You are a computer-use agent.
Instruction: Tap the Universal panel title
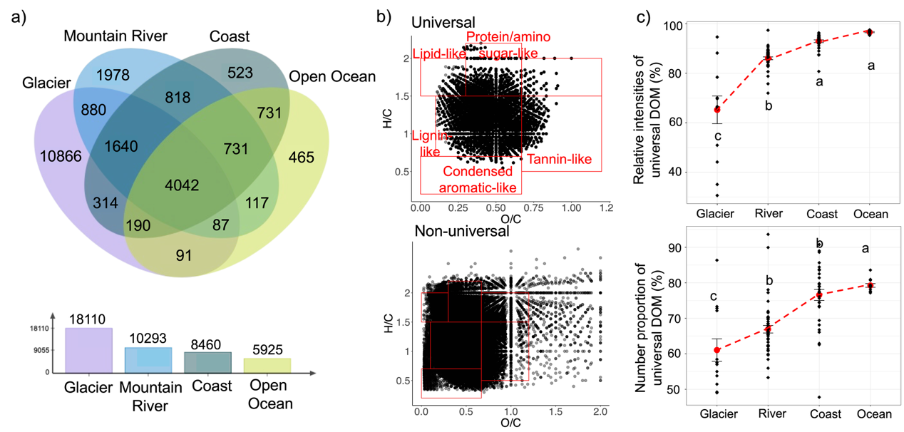tap(443, 23)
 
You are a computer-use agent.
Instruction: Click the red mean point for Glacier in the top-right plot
tap(717, 109)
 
